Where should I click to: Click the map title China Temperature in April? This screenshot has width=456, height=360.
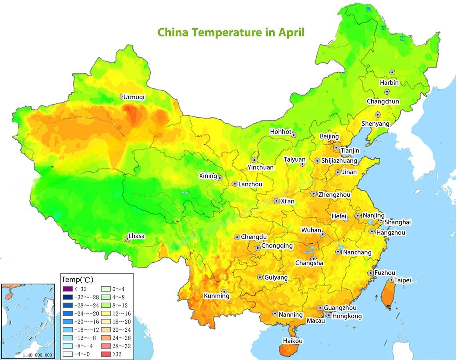231,32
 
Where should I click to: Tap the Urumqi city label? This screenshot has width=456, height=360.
134,97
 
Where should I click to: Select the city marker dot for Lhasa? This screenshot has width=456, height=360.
128,239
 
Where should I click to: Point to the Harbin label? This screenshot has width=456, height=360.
389,83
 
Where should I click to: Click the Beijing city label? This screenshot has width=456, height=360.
329,137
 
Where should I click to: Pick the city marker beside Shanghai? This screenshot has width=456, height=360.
381,221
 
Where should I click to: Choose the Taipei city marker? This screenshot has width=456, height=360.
392,280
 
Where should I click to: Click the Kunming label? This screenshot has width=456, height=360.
216,296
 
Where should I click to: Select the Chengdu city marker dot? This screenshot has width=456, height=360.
237,237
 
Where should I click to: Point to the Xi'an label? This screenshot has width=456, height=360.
287,202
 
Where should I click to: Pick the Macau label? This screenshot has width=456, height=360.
316,321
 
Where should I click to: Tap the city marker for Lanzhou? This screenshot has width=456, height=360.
235,184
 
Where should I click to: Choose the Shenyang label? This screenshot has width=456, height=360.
375,124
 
